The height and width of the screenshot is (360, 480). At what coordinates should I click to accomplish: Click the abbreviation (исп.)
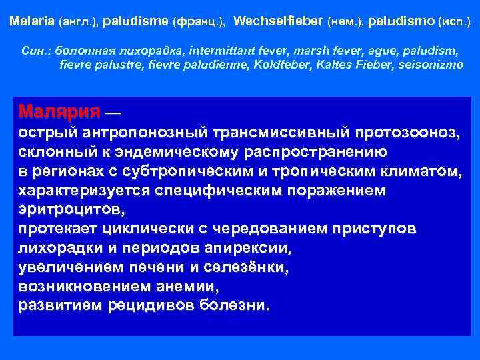(454, 22)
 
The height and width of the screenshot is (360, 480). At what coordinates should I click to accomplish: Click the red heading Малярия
(60, 110)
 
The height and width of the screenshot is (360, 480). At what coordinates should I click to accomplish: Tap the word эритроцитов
(71, 209)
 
